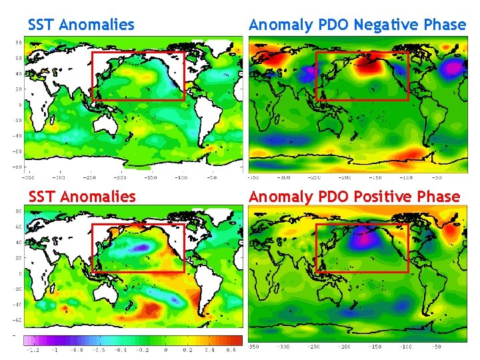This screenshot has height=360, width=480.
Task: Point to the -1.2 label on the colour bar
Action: coord(31,349)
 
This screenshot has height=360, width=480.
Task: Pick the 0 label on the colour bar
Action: coord(166,349)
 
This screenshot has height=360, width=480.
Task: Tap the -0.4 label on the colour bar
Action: coord(121,349)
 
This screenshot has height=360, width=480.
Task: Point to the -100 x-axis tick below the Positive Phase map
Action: coord(405,347)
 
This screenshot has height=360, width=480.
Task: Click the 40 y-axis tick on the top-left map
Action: coord(19,73)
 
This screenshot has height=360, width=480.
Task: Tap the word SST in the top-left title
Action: coord(41,25)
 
